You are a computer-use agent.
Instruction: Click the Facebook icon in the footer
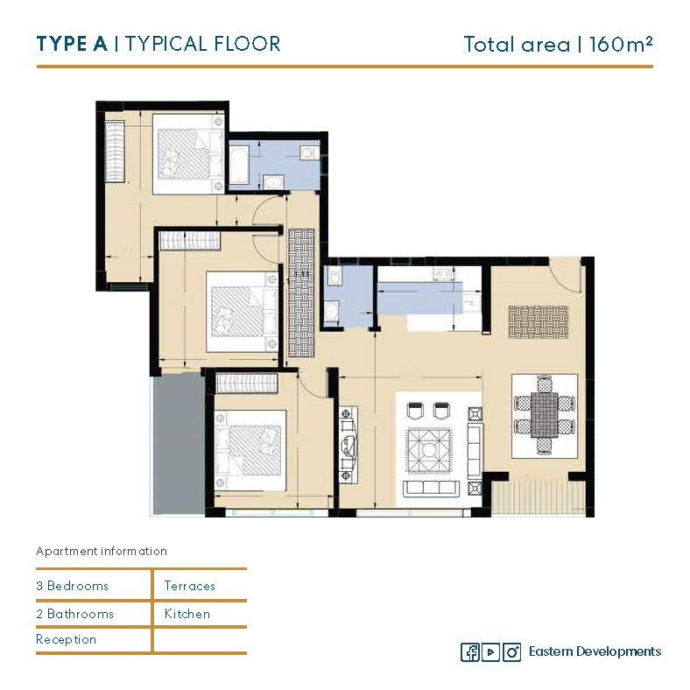(x=469, y=651)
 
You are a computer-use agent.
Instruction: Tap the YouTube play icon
(x=490, y=651)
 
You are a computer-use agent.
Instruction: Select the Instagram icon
(x=511, y=651)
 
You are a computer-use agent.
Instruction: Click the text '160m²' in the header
(x=621, y=45)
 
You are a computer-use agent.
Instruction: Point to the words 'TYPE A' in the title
(x=72, y=44)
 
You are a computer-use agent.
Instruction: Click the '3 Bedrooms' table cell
(x=72, y=586)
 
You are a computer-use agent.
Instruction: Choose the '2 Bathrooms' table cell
(x=74, y=614)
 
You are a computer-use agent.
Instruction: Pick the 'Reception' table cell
(x=66, y=639)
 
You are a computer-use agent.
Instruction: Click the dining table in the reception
(x=545, y=415)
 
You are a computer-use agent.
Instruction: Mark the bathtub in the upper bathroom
(x=240, y=165)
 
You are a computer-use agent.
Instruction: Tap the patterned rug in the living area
(x=429, y=451)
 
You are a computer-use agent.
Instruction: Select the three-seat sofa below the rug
(x=431, y=488)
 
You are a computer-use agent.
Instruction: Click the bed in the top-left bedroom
(x=188, y=154)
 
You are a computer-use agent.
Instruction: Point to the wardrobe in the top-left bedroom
(x=115, y=151)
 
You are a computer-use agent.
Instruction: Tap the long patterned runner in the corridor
(x=301, y=292)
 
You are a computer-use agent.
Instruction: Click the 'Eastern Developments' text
(x=595, y=651)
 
